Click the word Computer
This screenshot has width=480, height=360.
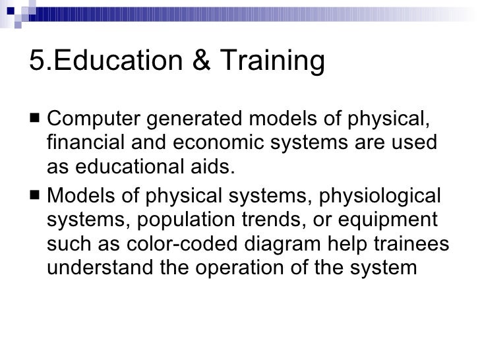tap(91, 121)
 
